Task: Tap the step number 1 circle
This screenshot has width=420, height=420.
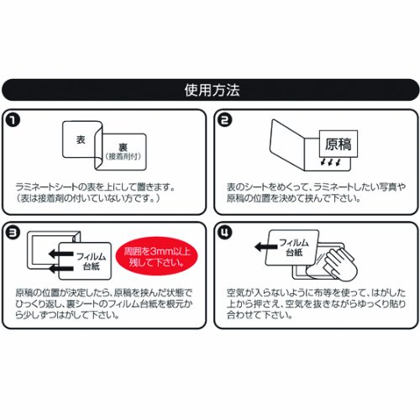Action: [x=14, y=120]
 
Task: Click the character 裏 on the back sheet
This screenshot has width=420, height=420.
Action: [x=123, y=145]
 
